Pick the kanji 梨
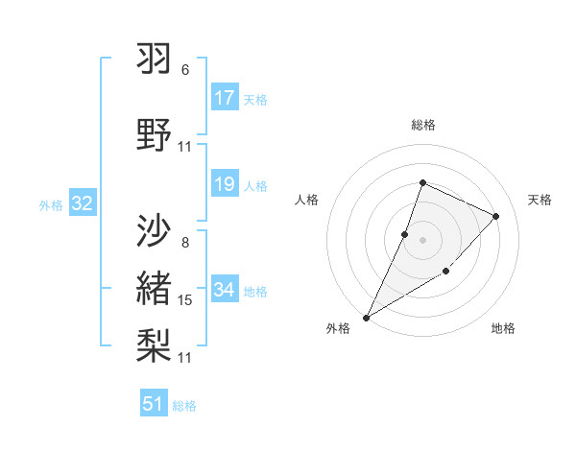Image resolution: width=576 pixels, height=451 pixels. tap(155, 343)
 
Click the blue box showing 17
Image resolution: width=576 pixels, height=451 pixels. tap(225, 98)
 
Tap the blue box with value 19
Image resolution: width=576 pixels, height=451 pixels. tap(225, 184)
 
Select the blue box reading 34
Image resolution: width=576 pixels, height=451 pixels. tap(225, 290)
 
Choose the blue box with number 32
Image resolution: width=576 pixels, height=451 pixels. tap(82, 203)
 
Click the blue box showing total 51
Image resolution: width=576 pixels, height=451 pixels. tap(154, 404)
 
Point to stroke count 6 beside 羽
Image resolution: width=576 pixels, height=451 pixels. tap(185, 70)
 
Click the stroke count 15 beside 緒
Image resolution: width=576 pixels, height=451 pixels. tap(185, 300)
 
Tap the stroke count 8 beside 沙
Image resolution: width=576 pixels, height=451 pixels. tap(185, 242)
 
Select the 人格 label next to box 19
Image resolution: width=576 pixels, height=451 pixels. tap(255, 185)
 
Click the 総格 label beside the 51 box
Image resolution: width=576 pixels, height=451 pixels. tap(184, 406)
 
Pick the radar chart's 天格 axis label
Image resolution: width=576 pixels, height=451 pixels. tap(540, 200)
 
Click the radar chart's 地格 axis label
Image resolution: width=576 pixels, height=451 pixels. tap(503, 328)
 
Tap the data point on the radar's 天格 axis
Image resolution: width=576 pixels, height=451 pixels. tap(496, 216)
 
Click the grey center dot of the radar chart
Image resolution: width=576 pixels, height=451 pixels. tap(422, 240)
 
